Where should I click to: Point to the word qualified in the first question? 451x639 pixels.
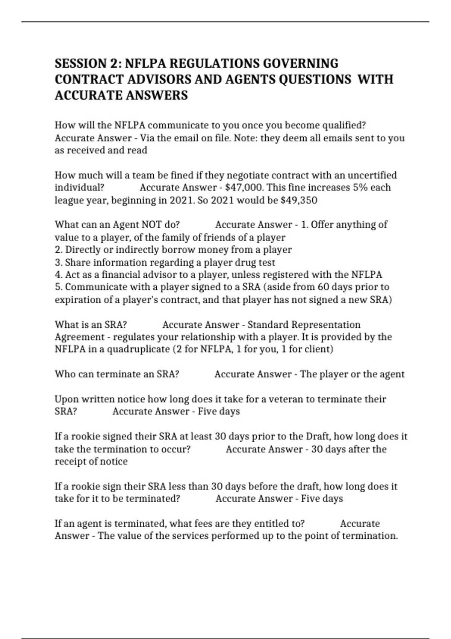pyautogui.click(x=344, y=125)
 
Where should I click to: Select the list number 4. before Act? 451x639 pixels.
pyautogui.click(x=59, y=275)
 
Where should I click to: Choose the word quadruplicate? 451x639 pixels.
pyautogui.click(x=138, y=349)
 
